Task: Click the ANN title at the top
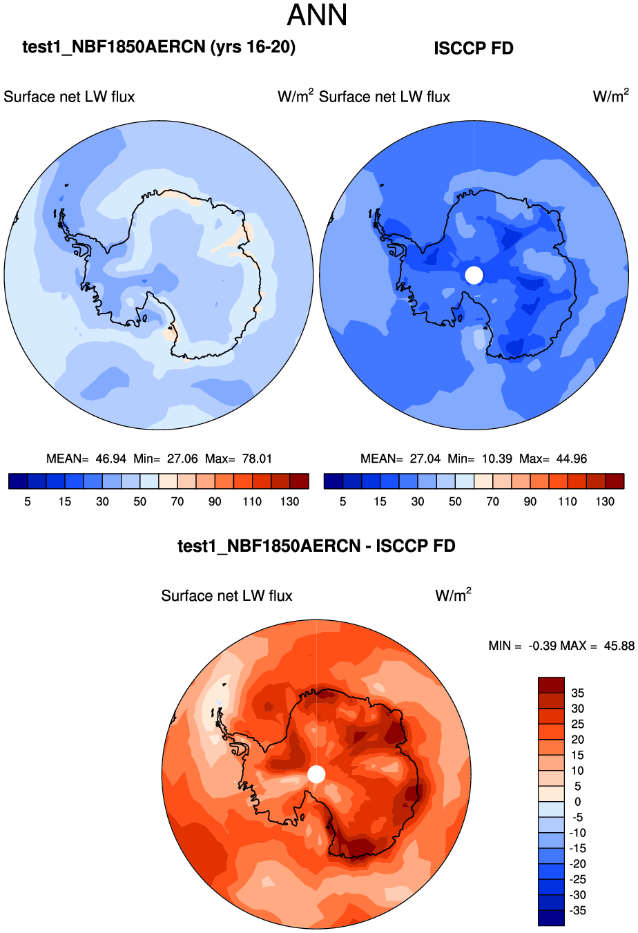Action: click(317, 15)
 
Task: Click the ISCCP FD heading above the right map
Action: click(474, 48)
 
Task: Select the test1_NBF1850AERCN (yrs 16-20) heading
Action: click(159, 47)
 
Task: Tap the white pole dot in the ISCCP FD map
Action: click(474, 275)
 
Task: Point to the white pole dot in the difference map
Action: click(316, 774)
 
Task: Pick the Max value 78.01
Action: click(257, 459)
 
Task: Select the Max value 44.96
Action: click(572, 459)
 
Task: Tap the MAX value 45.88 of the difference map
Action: click(619, 646)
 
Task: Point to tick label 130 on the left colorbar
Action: click(290, 501)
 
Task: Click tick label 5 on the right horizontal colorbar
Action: click(342, 501)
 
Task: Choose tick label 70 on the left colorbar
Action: click(177, 501)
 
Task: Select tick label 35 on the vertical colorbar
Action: click(577, 693)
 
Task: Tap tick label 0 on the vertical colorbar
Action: click(578, 802)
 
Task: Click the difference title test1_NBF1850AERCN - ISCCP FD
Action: click(316, 546)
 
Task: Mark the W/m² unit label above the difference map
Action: click(453, 595)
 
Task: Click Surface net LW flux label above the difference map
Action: click(226, 596)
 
